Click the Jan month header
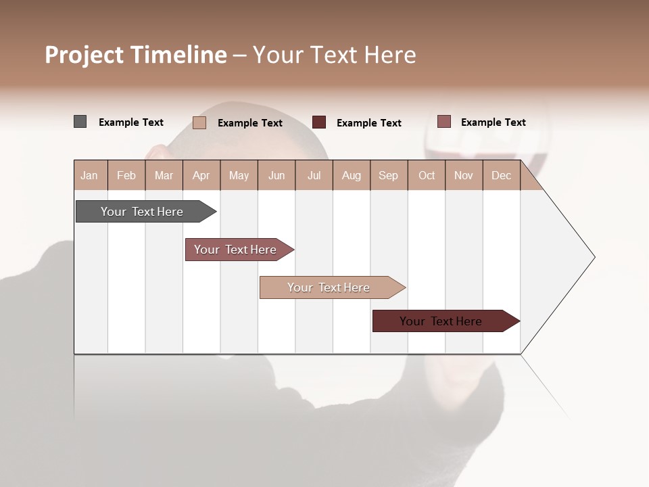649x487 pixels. pyautogui.click(x=90, y=175)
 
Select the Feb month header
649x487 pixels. pyautogui.click(x=126, y=175)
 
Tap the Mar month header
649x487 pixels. pyautogui.click(x=164, y=175)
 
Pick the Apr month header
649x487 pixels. pyautogui.click(x=201, y=175)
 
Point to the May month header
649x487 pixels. pyautogui.click(x=239, y=175)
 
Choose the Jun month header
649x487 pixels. pyautogui.click(x=277, y=175)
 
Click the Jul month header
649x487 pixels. pyautogui.click(x=314, y=175)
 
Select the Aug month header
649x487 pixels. pyautogui.click(x=352, y=175)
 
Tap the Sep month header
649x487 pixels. pyautogui.click(x=389, y=175)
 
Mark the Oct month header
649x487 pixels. pyautogui.click(x=427, y=175)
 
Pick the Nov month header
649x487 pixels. pyautogui.click(x=464, y=175)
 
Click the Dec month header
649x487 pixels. pyautogui.click(x=502, y=175)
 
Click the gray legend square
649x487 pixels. pyautogui.click(x=80, y=122)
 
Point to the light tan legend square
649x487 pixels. pyautogui.click(x=199, y=122)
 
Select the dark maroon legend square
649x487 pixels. pyautogui.click(x=319, y=122)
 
